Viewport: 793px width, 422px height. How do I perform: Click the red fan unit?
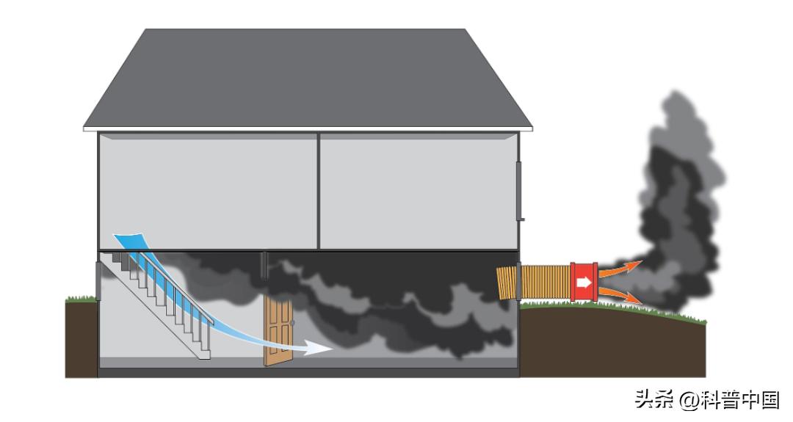584,281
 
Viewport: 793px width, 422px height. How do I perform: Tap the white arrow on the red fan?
584,281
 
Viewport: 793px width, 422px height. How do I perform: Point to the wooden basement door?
278,332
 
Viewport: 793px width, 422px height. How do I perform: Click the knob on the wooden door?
292,322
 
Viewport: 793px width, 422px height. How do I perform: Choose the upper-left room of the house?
208,191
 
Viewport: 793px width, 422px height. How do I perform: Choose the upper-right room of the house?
418,191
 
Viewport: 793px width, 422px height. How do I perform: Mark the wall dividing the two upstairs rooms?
319,191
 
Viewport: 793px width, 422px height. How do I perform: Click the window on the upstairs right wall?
520,191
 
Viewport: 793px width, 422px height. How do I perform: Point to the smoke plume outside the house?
679,198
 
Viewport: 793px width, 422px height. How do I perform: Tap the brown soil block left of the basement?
81,338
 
